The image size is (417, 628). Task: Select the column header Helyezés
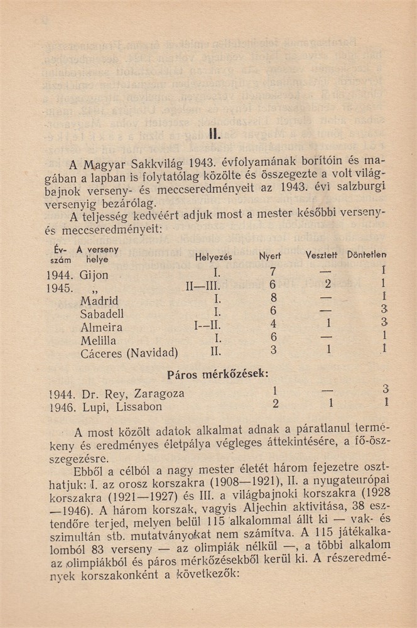pyautogui.click(x=214, y=257)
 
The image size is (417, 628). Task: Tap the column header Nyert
pyautogui.click(x=270, y=256)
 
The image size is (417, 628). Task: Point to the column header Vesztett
pyautogui.click(x=322, y=256)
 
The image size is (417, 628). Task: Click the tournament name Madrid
pyautogui.click(x=99, y=301)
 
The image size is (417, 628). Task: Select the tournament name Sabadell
pyautogui.click(x=102, y=314)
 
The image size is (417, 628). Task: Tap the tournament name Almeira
pyautogui.click(x=101, y=327)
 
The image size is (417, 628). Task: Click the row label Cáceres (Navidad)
pyautogui.click(x=129, y=354)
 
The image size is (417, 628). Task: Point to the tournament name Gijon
pyautogui.click(x=94, y=275)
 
